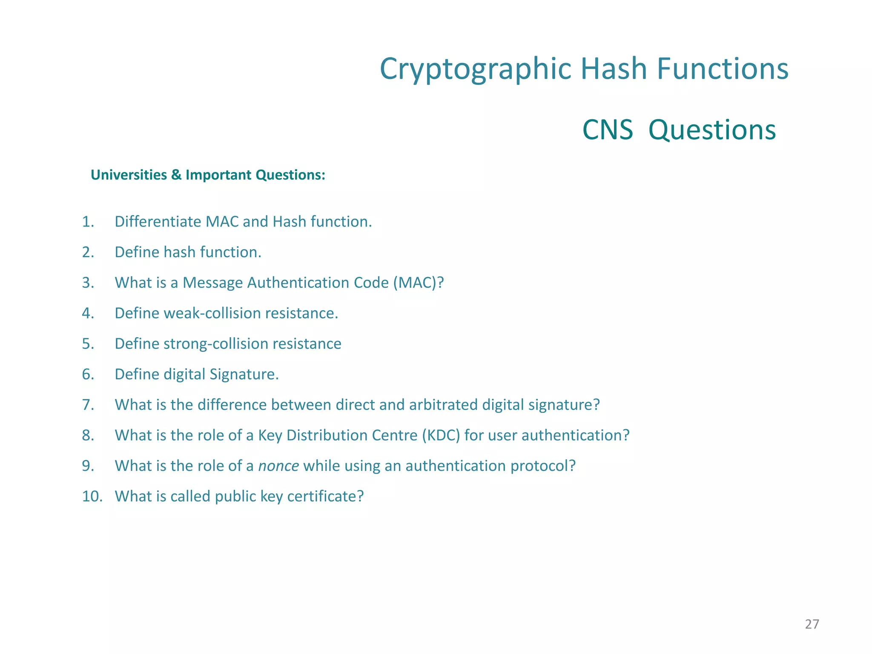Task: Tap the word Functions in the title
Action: point(723,69)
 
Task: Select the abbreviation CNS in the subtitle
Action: point(607,130)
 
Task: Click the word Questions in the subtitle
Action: point(712,130)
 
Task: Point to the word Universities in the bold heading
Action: point(129,175)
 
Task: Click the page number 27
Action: point(812,624)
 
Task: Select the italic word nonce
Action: point(278,466)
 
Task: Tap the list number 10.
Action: point(92,496)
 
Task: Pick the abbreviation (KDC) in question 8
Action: point(441,436)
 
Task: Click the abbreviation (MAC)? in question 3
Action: point(418,283)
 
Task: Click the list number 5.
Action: point(88,344)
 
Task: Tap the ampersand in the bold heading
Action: point(176,175)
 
